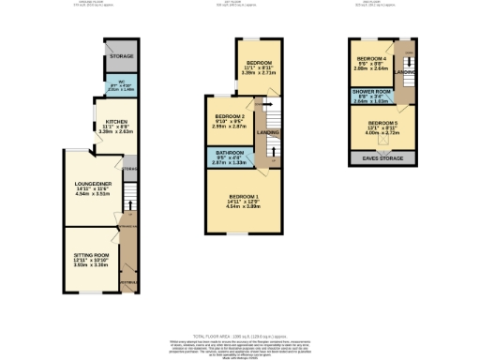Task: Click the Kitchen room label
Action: click(116, 123)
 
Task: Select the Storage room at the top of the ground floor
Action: click(121, 55)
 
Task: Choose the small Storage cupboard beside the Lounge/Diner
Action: click(130, 170)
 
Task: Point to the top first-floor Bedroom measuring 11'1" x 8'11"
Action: click(258, 65)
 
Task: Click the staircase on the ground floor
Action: click(131, 202)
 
